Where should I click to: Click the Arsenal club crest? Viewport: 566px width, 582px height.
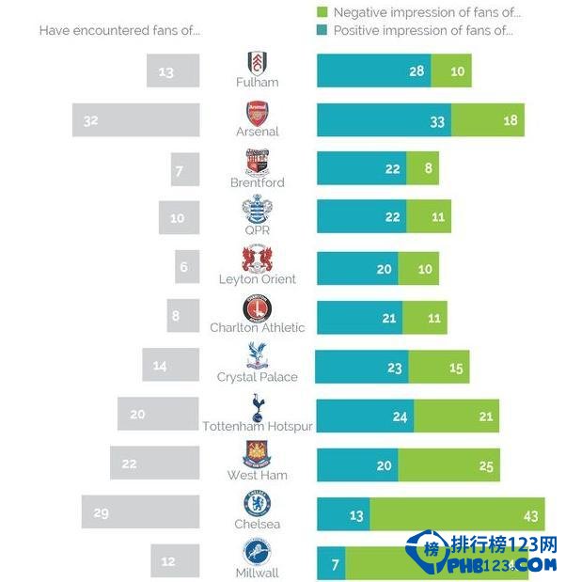click(257, 111)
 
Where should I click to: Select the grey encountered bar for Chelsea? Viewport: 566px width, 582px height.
click(140, 512)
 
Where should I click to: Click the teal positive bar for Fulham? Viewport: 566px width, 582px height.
click(373, 71)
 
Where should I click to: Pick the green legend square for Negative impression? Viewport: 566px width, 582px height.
click(323, 12)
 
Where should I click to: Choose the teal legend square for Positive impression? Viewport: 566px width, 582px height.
click(323, 31)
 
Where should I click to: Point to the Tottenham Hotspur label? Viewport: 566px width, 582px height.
click(258, 426)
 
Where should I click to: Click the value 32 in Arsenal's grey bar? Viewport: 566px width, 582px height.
click(91, 120)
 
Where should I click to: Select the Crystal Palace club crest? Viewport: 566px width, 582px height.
click(257, 355)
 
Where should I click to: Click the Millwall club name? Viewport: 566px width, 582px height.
click(257, 573)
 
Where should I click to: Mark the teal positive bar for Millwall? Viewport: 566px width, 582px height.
click(331, 562)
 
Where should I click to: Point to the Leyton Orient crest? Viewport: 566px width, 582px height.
click(257, 259)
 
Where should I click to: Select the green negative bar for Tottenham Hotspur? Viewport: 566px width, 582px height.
click(456, 416)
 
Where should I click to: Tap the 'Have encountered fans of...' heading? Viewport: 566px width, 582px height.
click(119, 30)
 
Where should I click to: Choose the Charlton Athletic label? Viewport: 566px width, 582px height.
click(258, 328)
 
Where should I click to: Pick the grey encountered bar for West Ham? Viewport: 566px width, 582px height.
click(154, 463)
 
